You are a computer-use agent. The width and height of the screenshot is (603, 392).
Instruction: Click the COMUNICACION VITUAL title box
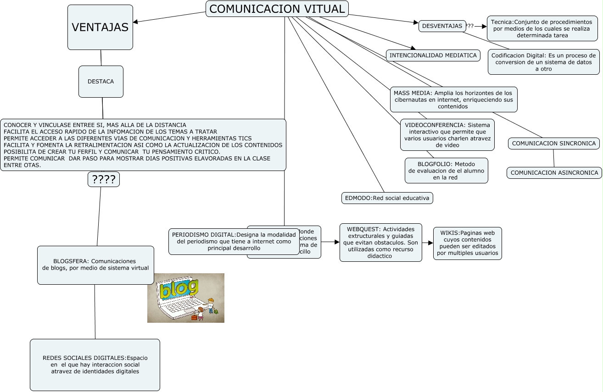point(277,9)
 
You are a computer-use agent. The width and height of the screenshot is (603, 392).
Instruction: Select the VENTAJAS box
point(100,27)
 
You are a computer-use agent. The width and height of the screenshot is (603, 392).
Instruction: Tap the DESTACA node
point(100,82)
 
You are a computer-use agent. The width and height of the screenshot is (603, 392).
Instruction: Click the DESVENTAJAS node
point(442,26)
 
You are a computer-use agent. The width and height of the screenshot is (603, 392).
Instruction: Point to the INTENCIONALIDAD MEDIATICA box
point(433,55)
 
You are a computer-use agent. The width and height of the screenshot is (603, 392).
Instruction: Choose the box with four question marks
point(104,179)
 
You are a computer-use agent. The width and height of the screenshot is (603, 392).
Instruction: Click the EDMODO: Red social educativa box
point(387,198)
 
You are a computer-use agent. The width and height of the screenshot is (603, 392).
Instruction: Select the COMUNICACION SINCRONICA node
point(553,144)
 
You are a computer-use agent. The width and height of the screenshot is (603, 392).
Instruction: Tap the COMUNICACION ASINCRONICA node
point(554,173)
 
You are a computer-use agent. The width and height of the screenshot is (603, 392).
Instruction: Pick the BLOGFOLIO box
point(446,171)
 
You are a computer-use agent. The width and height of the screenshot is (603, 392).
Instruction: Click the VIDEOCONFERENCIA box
point(447,135)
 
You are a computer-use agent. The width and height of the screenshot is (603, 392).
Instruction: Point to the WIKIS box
point(467,243)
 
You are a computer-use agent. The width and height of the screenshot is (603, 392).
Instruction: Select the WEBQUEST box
point(380,243)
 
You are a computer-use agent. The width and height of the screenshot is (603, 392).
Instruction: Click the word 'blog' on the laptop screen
point(179,289)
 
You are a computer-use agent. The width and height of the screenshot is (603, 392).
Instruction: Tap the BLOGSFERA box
point(95,265)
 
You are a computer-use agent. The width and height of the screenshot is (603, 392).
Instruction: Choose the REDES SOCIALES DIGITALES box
point(95,364)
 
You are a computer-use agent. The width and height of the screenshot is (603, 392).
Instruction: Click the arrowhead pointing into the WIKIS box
point(430,243)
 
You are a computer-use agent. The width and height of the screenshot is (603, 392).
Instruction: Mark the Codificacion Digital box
point(543,62)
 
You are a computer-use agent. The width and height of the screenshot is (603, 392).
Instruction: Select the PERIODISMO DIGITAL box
point(234,241)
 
